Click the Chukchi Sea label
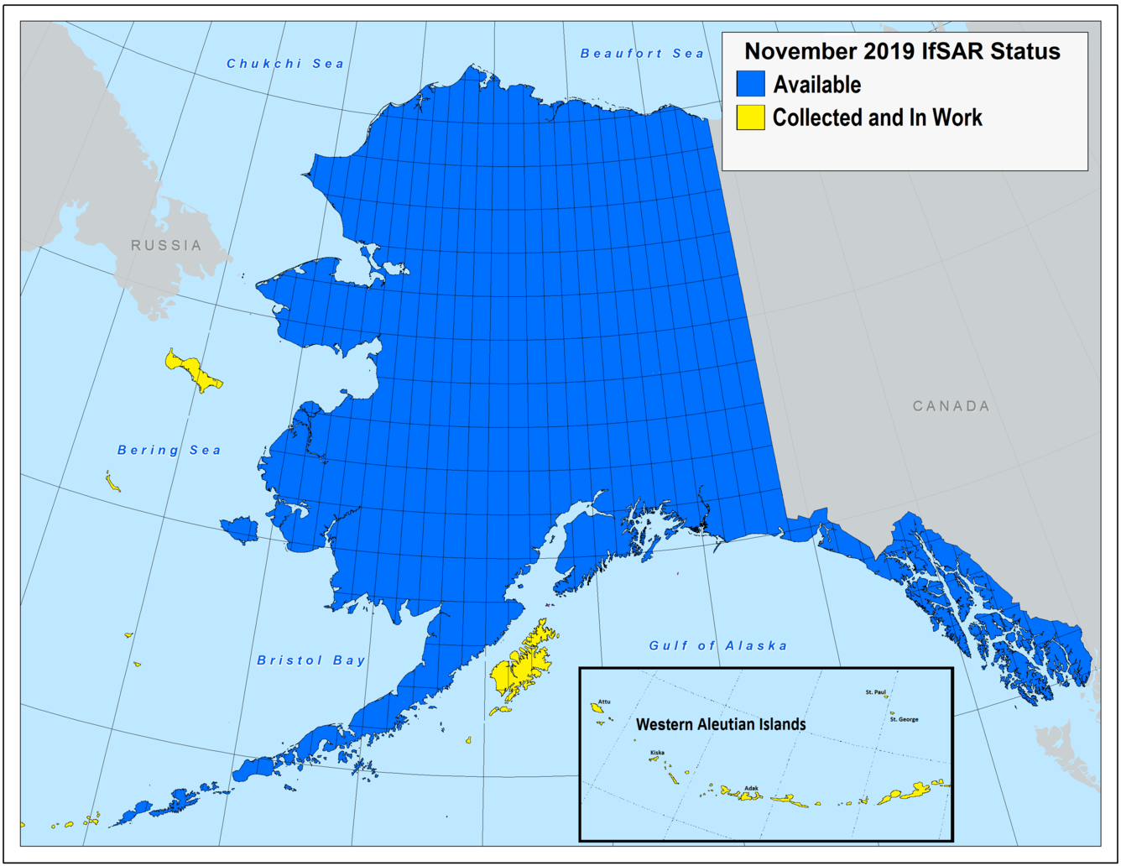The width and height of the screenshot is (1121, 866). point(285,64)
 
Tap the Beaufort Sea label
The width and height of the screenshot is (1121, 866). point(642,54)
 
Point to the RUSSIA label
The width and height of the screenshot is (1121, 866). point(166,245)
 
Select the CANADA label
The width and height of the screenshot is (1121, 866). point(951,406)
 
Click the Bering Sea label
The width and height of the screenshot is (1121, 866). point(169,451)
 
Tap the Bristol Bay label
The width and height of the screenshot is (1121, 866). point(311,660)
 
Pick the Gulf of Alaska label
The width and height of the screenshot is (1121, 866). point(718,645)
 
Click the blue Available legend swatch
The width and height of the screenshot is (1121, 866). point(751,84)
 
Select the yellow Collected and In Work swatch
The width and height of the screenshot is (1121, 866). point(751,117)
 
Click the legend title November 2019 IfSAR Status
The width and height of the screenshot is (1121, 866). point(902,51)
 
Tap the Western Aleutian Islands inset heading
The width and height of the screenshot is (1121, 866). point(721,724)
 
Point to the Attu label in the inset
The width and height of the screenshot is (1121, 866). point(604,702)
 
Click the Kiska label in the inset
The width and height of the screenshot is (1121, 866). point(657,753)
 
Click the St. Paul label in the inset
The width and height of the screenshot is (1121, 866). point(875,692)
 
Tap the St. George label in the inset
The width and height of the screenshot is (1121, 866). point(904,719)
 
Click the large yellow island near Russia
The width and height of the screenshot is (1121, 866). point(193,370)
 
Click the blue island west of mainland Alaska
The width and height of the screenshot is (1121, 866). point(241,530)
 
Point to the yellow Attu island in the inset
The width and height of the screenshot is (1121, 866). point(597,709)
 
